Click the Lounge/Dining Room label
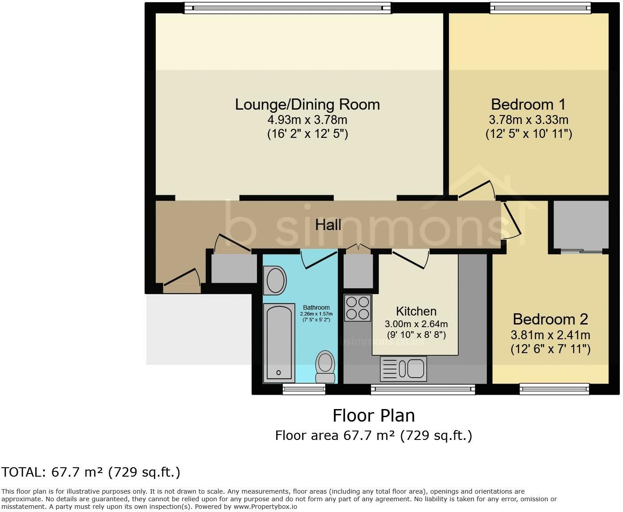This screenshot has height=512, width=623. (307, 104)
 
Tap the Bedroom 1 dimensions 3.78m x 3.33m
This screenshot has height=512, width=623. (529, 120)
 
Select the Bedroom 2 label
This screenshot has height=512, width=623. (550, 319)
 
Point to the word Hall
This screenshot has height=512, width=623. (328, 225)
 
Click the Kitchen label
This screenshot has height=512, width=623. (416, 311)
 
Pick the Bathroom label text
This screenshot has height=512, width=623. (316, 307)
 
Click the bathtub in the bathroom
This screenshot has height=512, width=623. (278, 342)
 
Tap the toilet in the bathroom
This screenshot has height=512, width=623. (325, 367)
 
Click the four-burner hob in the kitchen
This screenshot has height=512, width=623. (358, 307)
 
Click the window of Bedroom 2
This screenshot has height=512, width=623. (554, 389)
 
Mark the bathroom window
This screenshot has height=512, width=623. (304, 389)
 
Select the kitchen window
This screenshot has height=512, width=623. (423, 389)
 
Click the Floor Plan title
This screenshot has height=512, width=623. (373, 416)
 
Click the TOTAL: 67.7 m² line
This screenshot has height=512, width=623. (91, 472)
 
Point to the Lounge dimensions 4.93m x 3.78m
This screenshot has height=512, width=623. (307, 120)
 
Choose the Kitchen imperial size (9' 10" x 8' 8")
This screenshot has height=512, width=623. (416, 334)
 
